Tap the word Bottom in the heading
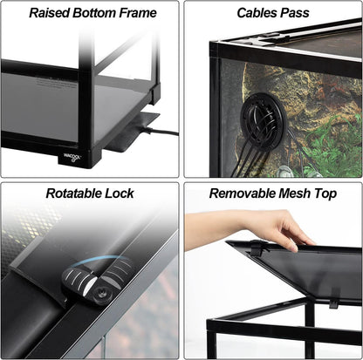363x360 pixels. (x=96, y=13)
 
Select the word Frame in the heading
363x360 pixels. (x=139, y=13)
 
